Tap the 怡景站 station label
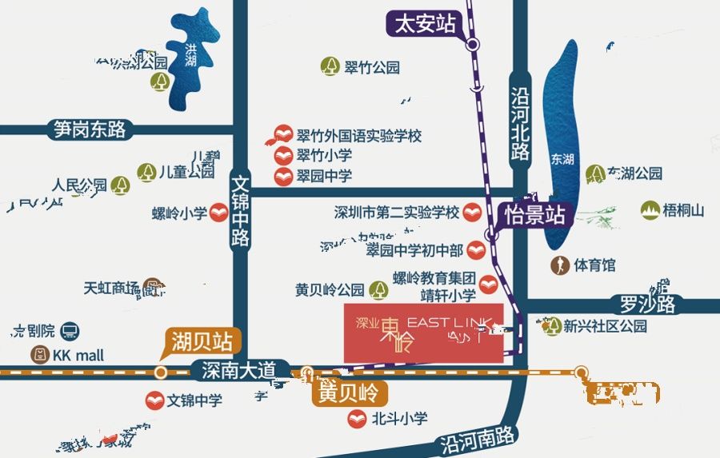pyautogui.click(x=535, y=214)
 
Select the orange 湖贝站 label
pyautogui.click(x=201, y=342)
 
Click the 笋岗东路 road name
pyautogui.click(x=90, y=129)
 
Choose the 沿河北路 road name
pyautogui.click(x=520, y=123)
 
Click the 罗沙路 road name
pyautogui.click(x=648, y=305)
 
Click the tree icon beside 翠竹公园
pyautogui.click(x=330, y=67)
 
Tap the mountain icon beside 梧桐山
pyautogui.click(x=650, y=210)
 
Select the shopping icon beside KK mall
pyautogui.click(x=40, y=355)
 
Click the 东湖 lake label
pyautogui.click(x=562, y=159)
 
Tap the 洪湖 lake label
pyautogui.click(x=190, y=56)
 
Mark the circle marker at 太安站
pyautogui.click(x=473, y=45)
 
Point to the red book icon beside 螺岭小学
pyautogui.click(x=218, y=214)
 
